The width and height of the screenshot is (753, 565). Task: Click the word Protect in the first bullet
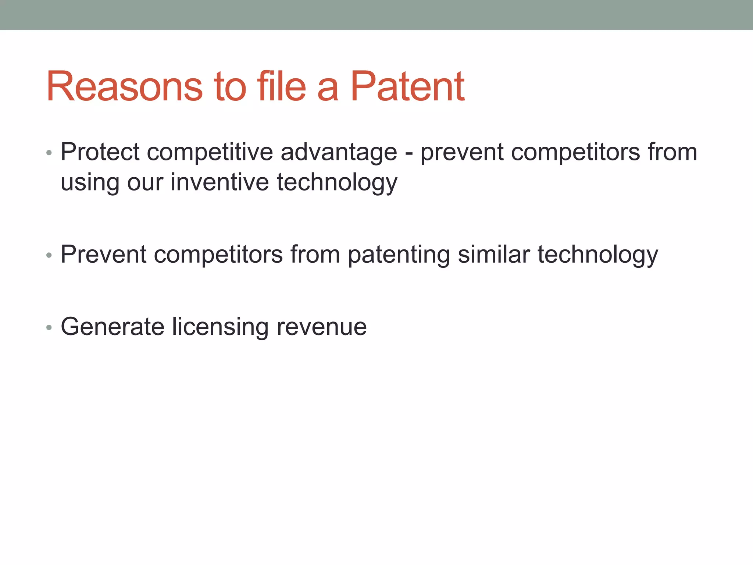100,152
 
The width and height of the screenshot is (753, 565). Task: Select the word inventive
220,182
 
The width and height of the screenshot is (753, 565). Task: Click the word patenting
399,255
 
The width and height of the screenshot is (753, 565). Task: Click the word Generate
113,327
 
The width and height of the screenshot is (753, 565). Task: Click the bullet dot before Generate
49,327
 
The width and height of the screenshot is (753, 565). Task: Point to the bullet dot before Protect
49,153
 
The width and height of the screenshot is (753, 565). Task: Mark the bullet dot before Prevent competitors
49,255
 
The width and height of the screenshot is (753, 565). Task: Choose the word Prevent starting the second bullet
103,254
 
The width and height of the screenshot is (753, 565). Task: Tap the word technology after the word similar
598,255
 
